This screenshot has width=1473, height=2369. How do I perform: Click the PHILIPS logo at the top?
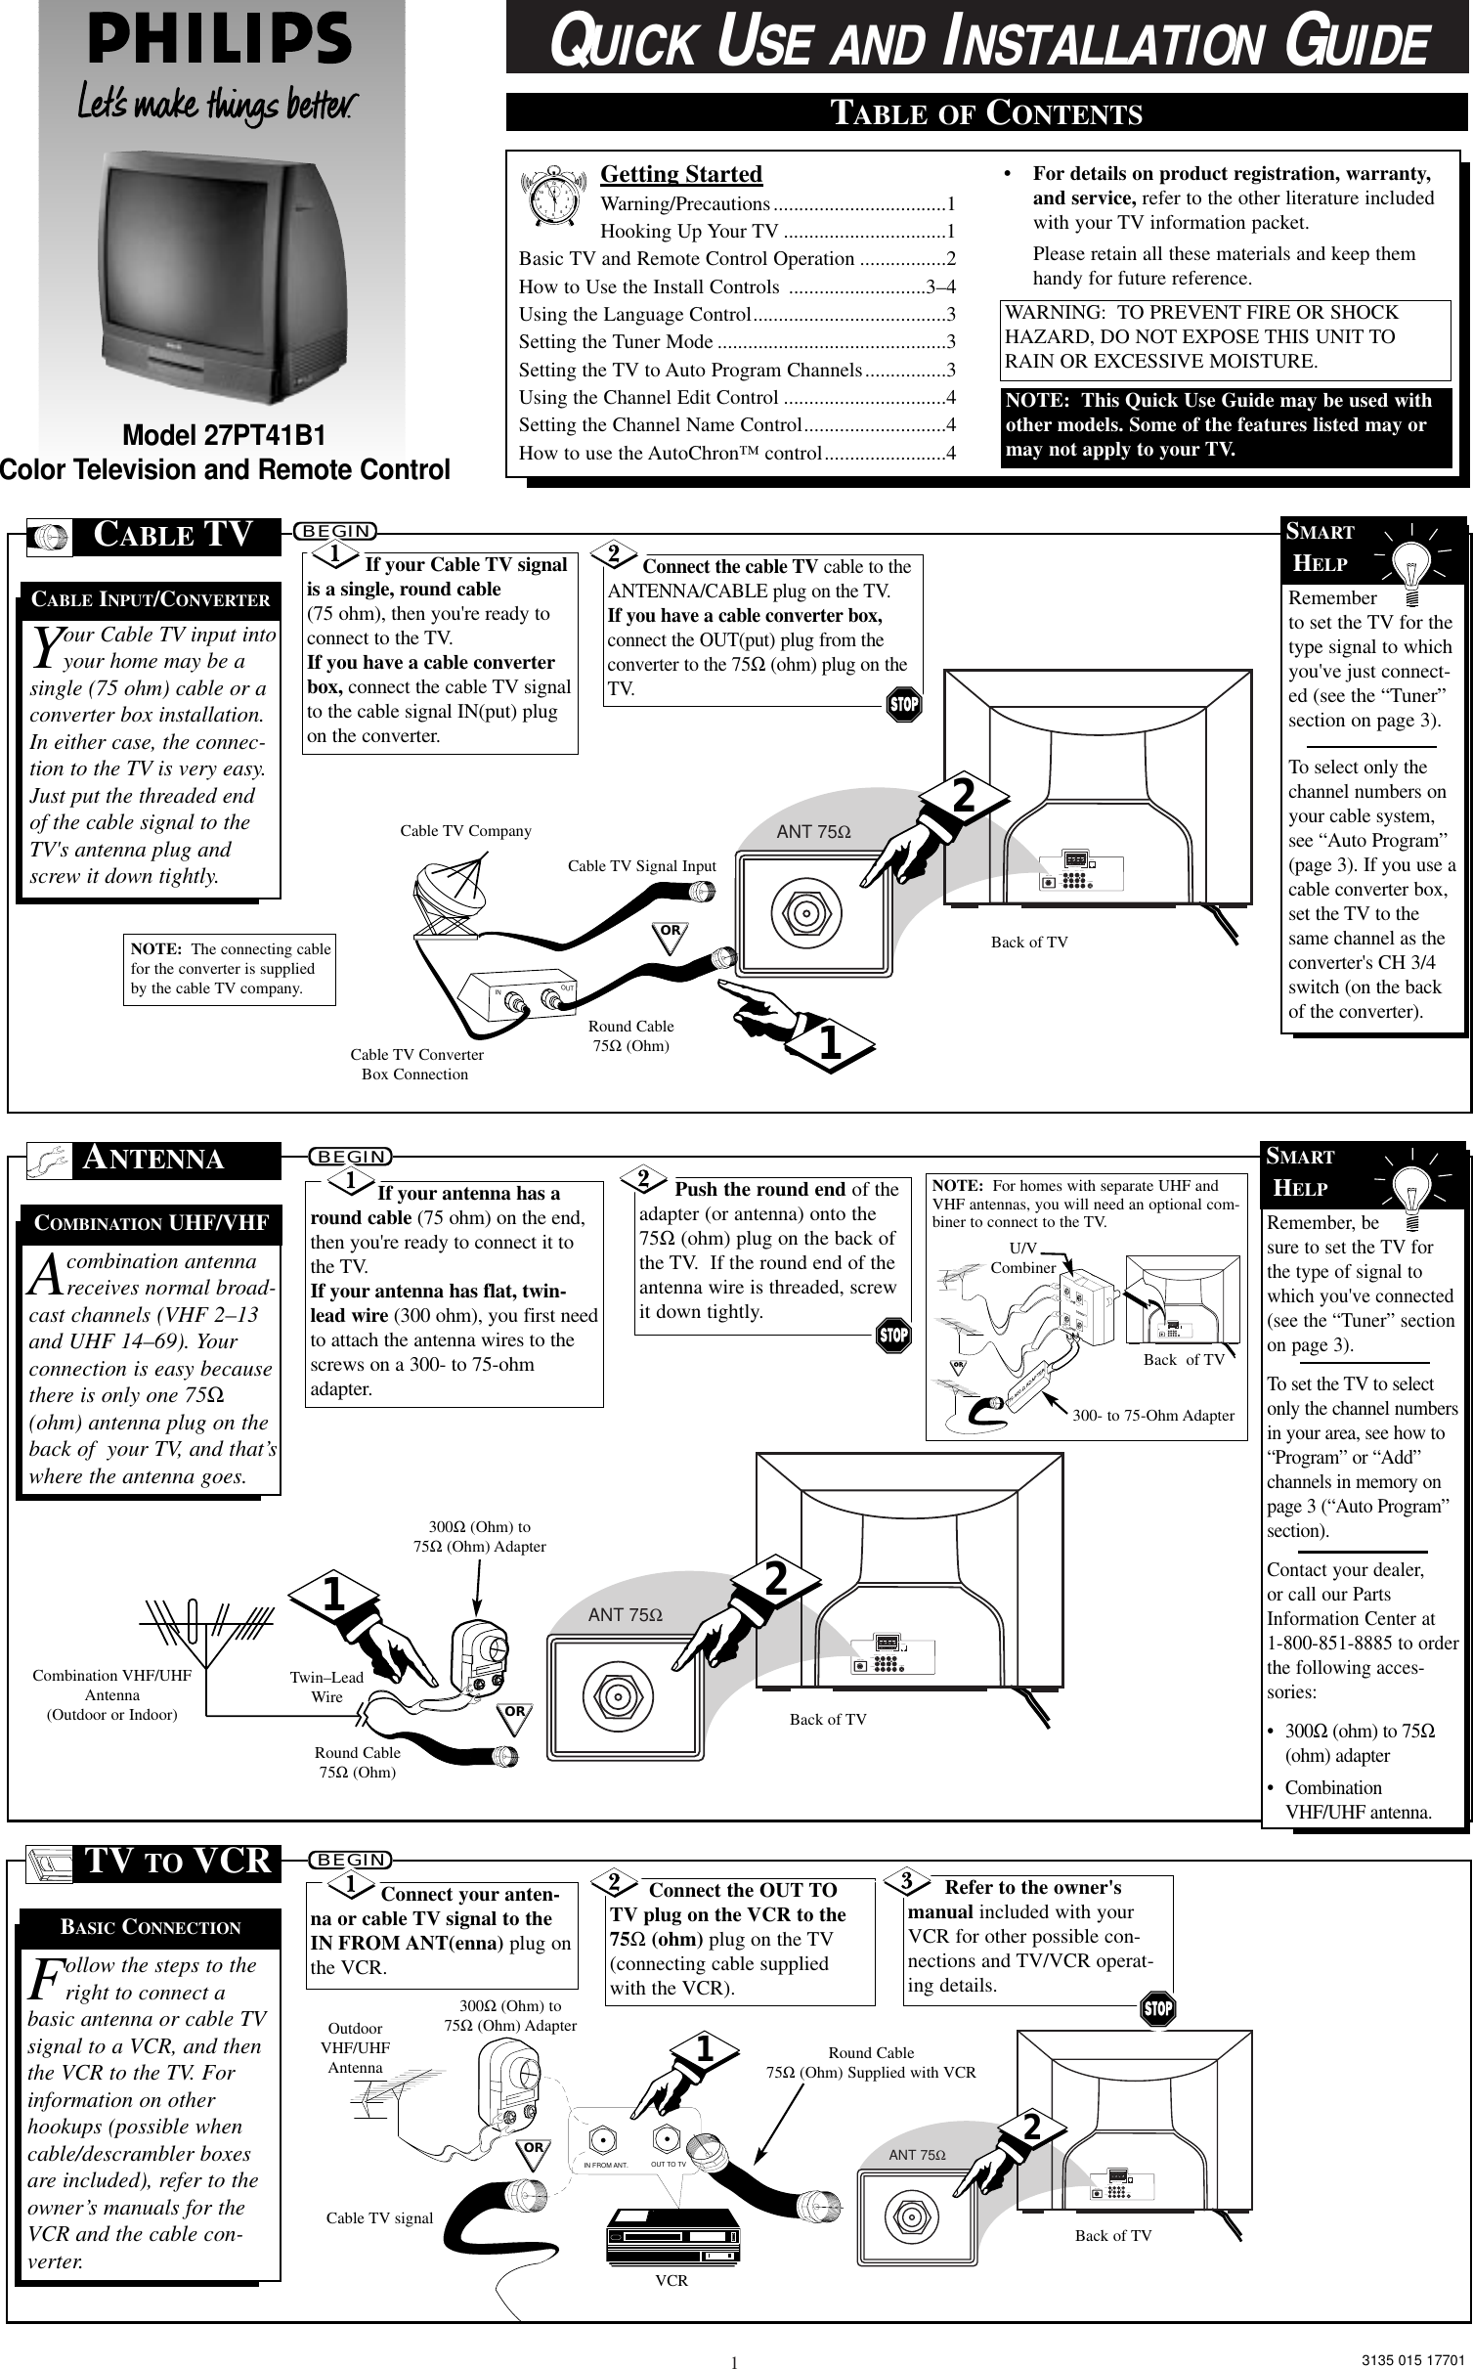pyautogui.click(x=220, y=41)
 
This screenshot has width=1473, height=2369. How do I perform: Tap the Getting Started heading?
pyautogui.click(x=680, y=174)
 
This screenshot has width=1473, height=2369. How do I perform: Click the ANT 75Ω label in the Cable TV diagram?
pyautogui.click(x=813, y=832)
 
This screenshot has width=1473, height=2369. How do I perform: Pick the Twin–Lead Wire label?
pyautogui.click(x=326, y=1687)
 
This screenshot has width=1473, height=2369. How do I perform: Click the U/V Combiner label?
pyautogui.click(x=1023, y=1258)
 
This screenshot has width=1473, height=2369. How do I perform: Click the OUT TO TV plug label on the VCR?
pyautogui.click(x=670, y=2164)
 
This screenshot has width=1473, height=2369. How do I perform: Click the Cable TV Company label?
pyautogui.click(x=465, y=831)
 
